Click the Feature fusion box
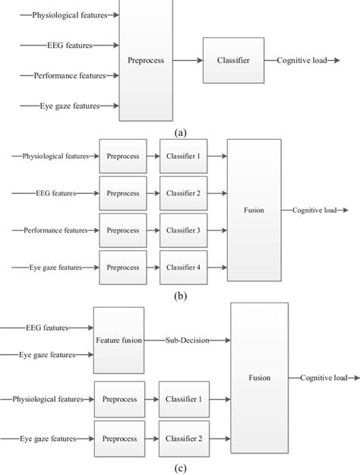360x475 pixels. (118, 340)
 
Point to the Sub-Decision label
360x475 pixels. (187, 340)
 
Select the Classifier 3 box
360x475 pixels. (184, 230)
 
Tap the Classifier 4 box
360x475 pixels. (184, 268)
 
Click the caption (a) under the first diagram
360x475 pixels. (181, 133)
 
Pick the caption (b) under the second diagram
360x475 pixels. (181, 296)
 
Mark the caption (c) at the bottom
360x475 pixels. (181, 468)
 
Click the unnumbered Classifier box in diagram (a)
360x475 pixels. (233, 60)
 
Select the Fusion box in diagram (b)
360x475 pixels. (254, 210)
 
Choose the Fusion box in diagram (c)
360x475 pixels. (260, 378)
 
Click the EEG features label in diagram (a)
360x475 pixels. (70, 45)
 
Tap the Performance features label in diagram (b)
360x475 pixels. (55, 230)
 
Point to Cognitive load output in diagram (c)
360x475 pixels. (324, 378)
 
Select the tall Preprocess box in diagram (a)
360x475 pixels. (146, 60)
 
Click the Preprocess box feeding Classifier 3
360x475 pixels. (123, 230)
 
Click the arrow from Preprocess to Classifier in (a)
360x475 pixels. (188, 60)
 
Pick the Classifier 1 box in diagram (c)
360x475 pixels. (184, 399)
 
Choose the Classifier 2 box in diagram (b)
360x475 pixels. (184, 193)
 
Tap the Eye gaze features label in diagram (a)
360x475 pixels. (70, 106)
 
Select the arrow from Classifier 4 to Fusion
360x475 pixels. (217, 268)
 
